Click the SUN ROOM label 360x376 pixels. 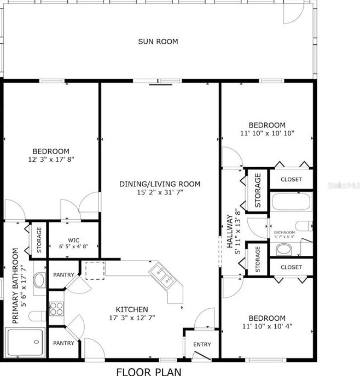coord(158,42)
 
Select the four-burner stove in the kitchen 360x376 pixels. coord(56,309)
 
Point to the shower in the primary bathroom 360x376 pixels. coord(25,342)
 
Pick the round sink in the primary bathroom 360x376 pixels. coord(40,280)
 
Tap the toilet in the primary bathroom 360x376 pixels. coord(37,315)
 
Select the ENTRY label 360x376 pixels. coord(201,344)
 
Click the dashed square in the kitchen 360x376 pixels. coord(95,270)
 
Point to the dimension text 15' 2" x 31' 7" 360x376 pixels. coord(160,193)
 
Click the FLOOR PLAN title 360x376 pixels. coord(148,371)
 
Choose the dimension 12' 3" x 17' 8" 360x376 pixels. coord(51,160)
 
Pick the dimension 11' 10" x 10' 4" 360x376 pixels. coord(267,327)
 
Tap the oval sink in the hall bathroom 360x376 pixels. coord(283,249)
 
